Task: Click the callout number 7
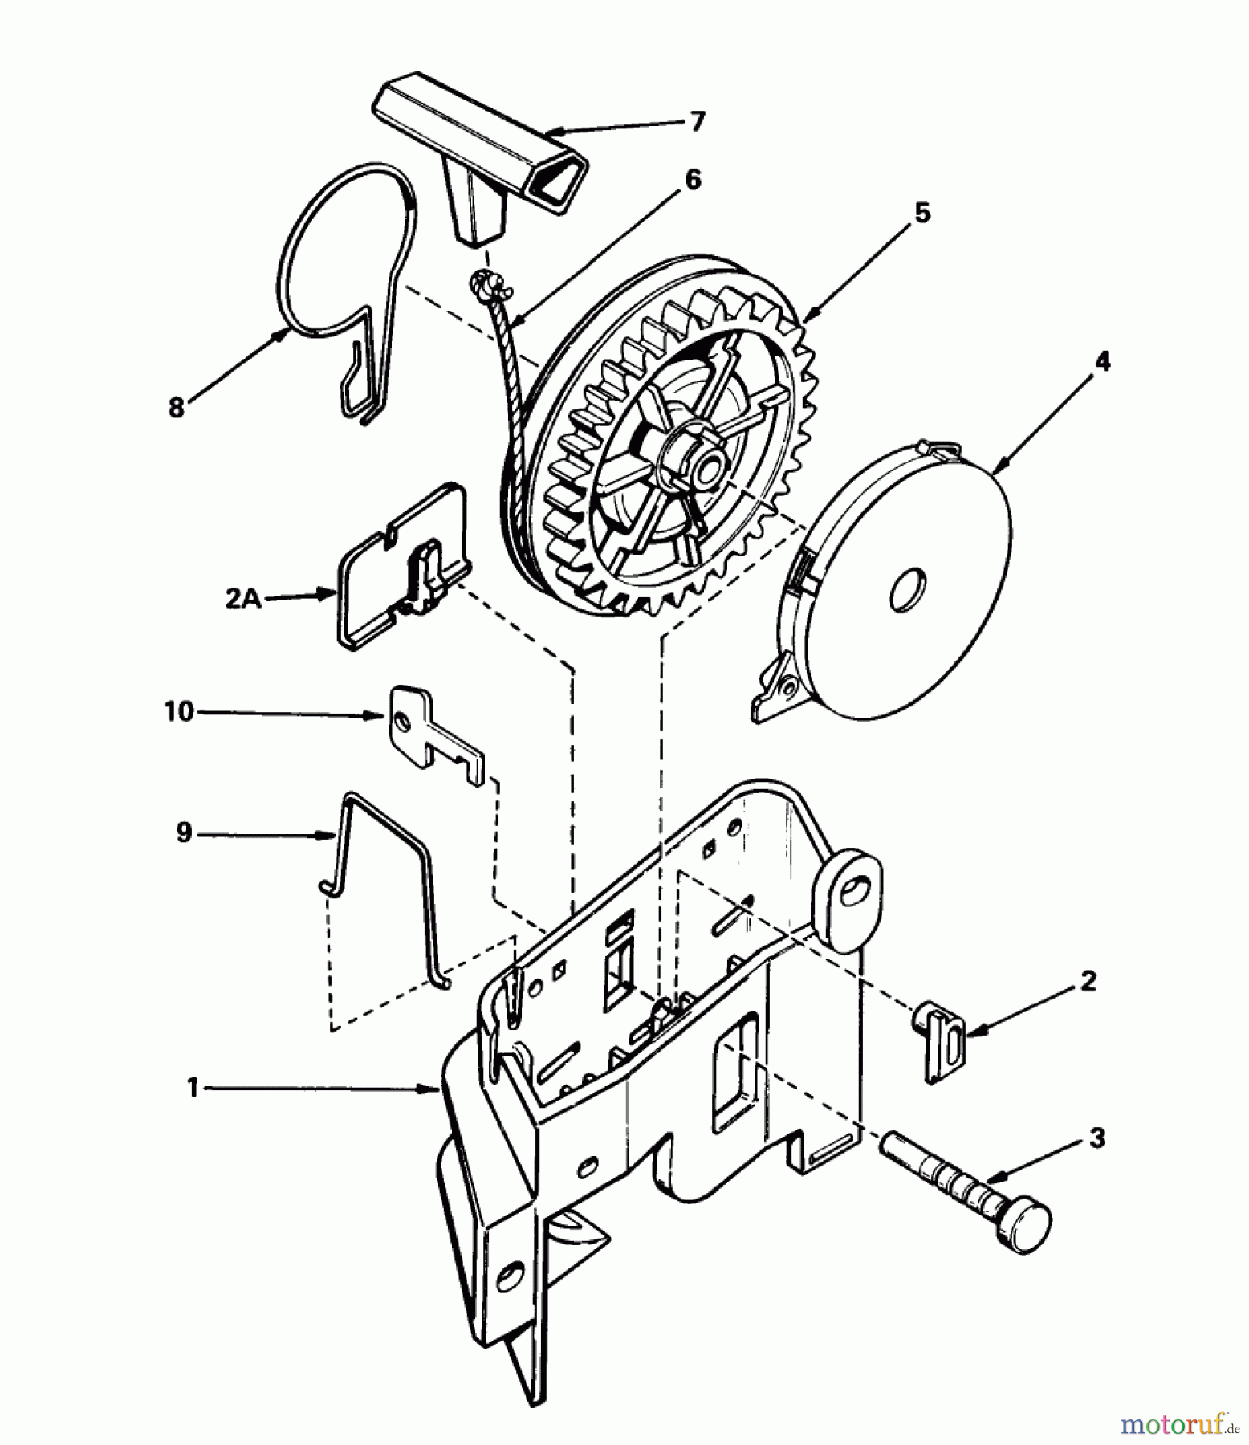click(697, 121)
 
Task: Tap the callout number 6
click(691, 180)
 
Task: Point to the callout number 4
click(1102, 361)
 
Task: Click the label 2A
click(242, 598)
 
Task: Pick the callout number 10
click(180, 711)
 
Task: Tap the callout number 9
click(184, 833)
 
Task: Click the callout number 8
click(176, 407)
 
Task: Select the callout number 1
click(192, 1089)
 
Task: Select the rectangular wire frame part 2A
click(401, 566)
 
